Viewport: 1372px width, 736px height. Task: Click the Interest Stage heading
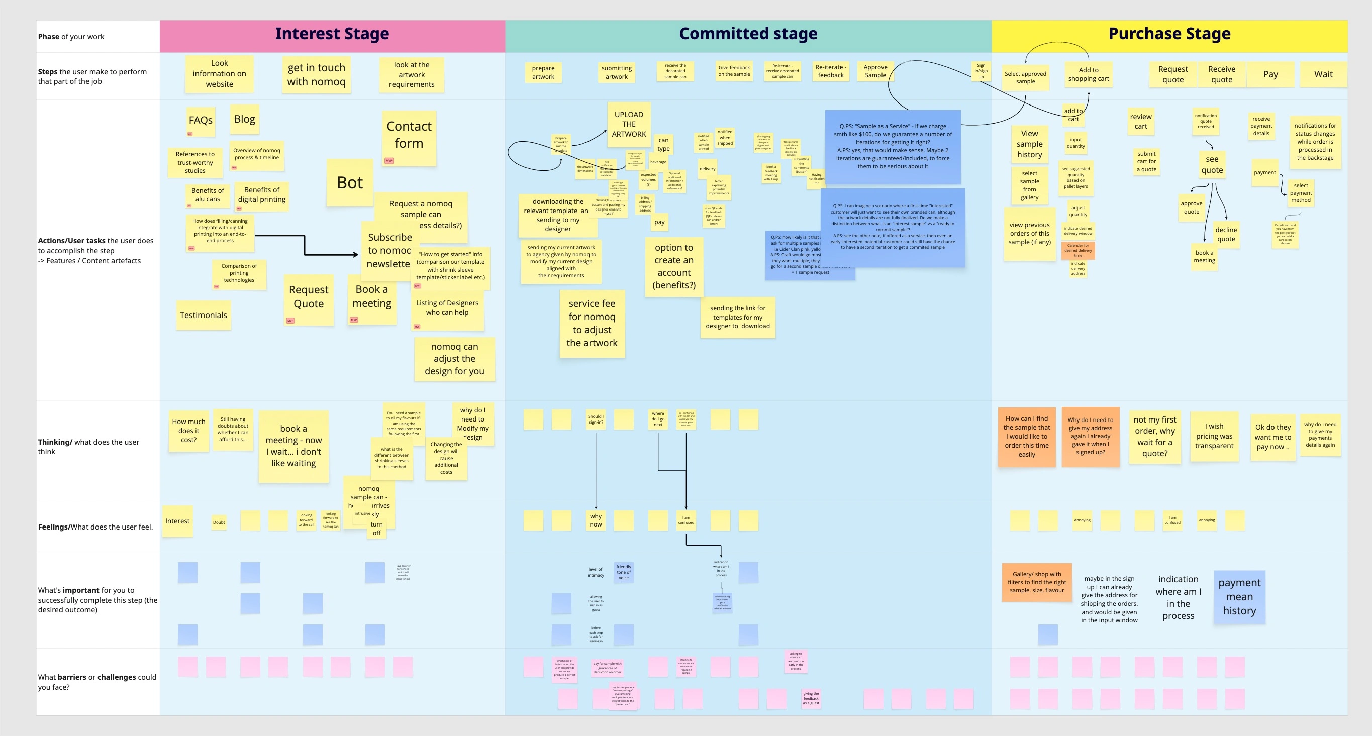pyautogui.click(x=332, y=34)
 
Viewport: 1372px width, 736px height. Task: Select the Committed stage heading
pyautogui.click(x=748, y=34)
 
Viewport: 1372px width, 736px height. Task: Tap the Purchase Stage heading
pyautogui.click(x=1169, y=34)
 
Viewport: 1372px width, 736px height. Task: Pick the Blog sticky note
pyautogui.click(x=244, y=119)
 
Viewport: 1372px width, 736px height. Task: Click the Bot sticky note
pyautogui.click(x=349, y=183)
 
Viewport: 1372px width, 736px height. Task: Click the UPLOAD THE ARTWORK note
pyautogui.click(x=629, y=124)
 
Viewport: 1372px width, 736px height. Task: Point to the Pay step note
pyautogui.click(x=1270, y=74)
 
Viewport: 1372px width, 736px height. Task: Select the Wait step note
pyautogui.click(x=1323, y=74)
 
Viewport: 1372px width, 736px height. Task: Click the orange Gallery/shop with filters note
pyautogui.click(x=1036, y=582)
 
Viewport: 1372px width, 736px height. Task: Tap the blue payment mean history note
pyautogui.click(x=1239, y=597)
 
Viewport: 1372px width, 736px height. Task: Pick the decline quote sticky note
pyautogui.click(x=1226, y=234)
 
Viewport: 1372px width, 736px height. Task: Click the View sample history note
pyautogui.click(x=1029, y=144)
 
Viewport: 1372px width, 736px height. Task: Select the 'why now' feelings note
pyautogui.click(x=596, y=520)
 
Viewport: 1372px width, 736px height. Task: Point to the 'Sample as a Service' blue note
pyautogui.click(x=892, y=147)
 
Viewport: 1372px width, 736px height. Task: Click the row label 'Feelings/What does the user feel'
pyautogui.click(x=95, y=527)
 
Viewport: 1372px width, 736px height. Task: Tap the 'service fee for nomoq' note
pyautogui.click(x=592, y=323)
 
